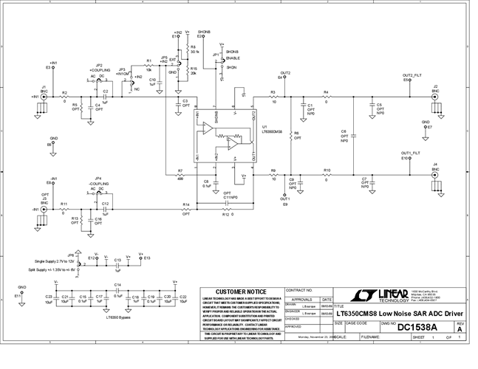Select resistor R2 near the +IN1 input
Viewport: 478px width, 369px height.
tap(64, 97)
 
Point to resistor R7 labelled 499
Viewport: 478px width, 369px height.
tap(180, 175)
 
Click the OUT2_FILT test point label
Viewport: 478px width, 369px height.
tap(412, 75)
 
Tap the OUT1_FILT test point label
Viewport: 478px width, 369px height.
tap(411, 154)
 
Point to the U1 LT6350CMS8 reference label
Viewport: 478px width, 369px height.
tap(272, 130)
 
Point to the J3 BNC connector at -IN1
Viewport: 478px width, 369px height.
tap(44, 210)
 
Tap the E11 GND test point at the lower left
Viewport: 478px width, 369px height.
tap(21, 294)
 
